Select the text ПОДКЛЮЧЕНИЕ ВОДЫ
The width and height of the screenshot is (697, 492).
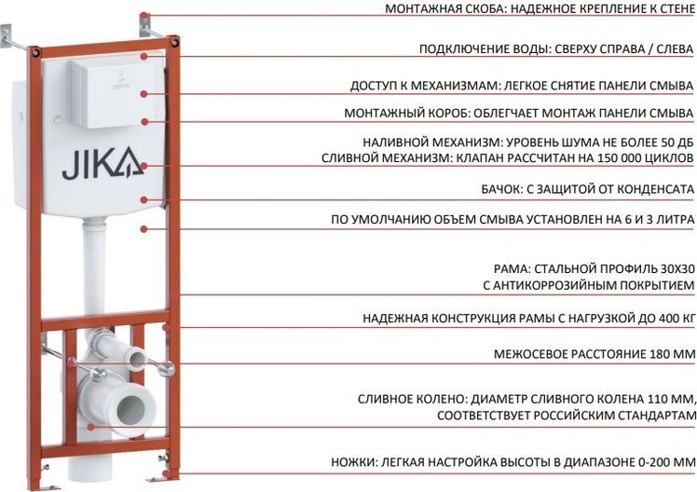tap(485, 48)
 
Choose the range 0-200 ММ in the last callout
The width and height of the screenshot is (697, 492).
tap(666, 463)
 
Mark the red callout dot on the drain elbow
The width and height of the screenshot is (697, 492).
tap(90, 427)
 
